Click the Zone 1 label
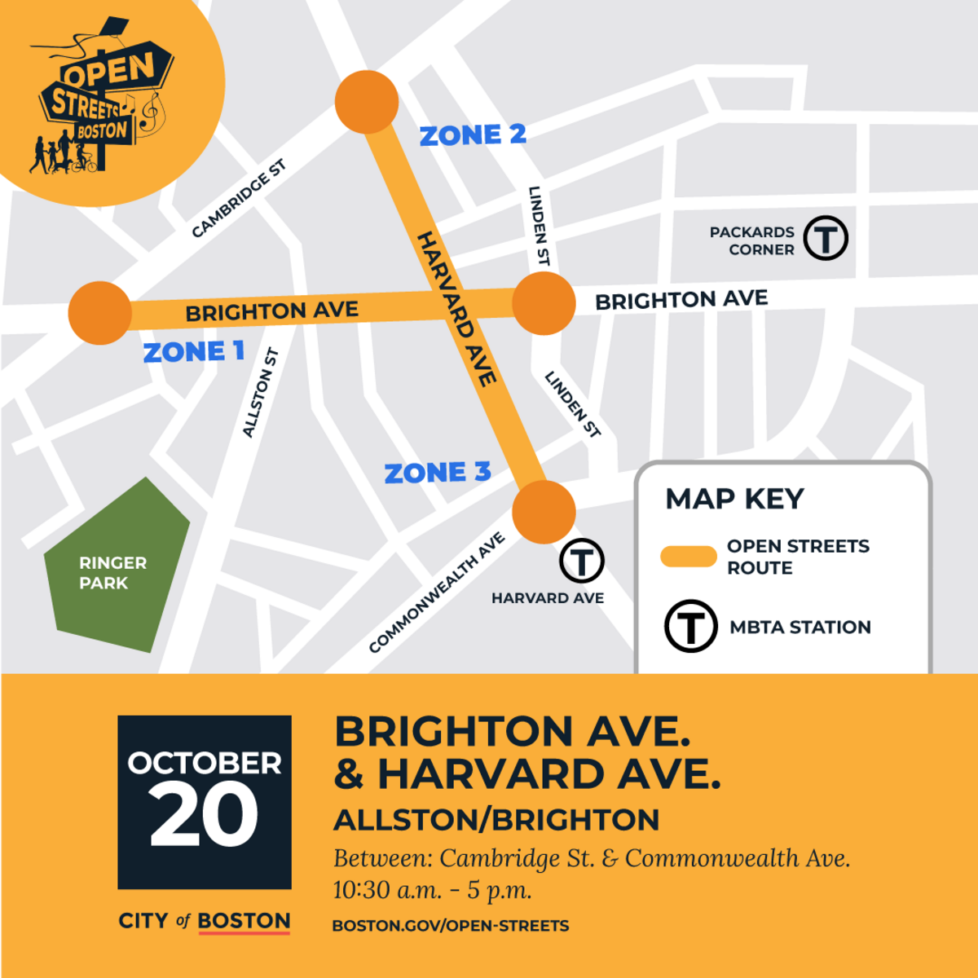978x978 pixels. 194,352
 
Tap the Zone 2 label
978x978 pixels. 473,135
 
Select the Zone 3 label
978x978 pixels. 438,473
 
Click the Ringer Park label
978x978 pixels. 112,572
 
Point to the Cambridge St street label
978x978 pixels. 239,200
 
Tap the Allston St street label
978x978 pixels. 261,393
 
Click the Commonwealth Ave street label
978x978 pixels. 437,593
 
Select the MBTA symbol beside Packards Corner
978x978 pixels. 826,238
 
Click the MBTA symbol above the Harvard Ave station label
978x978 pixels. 581,561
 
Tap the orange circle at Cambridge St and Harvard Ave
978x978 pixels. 367,102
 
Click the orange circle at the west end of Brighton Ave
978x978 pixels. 100,313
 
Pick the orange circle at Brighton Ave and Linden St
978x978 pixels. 544,303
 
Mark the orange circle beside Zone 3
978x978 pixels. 544,512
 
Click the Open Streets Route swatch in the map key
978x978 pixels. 689,557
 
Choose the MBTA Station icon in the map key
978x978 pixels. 690,626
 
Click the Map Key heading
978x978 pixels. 734,499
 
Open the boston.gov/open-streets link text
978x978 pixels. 451,926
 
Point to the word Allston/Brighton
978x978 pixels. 496,820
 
